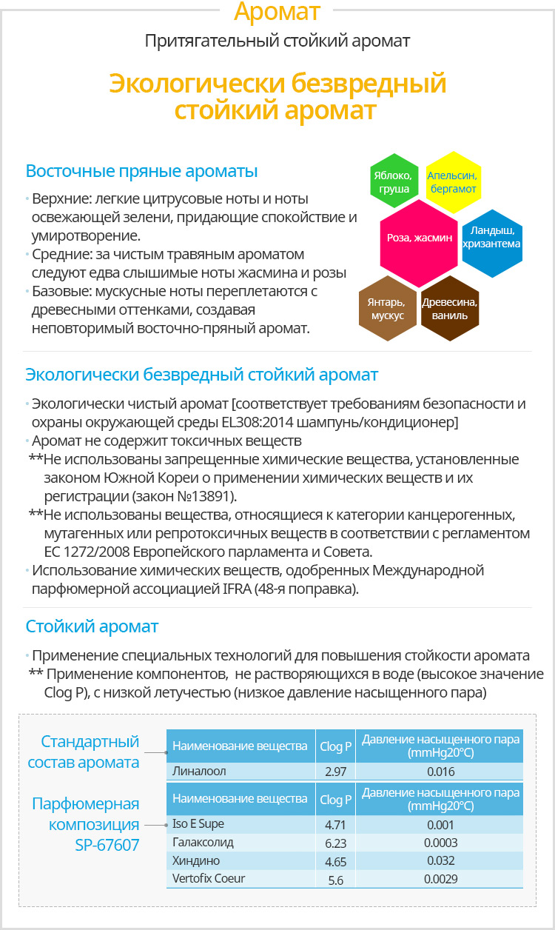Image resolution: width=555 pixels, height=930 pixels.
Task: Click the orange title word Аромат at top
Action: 277,12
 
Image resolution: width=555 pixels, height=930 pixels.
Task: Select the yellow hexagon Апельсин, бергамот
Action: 452,182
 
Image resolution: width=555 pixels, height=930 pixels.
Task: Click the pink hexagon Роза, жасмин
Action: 420,237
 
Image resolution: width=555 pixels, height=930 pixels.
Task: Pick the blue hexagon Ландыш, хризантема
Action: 491,237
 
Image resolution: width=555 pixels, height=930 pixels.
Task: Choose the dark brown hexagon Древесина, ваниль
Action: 450,309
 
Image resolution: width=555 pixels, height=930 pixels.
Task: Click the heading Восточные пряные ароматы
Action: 141,171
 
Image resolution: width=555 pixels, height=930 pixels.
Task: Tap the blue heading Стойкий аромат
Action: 92,626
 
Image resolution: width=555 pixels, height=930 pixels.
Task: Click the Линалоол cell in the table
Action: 199,771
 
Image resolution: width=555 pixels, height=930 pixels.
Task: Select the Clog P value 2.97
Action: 335,772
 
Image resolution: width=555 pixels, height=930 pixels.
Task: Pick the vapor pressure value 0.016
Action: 440,772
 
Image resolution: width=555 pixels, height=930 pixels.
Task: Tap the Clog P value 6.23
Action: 335,843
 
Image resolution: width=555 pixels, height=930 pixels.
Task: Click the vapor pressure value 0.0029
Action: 440,880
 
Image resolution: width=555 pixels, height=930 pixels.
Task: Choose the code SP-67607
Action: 107,844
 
